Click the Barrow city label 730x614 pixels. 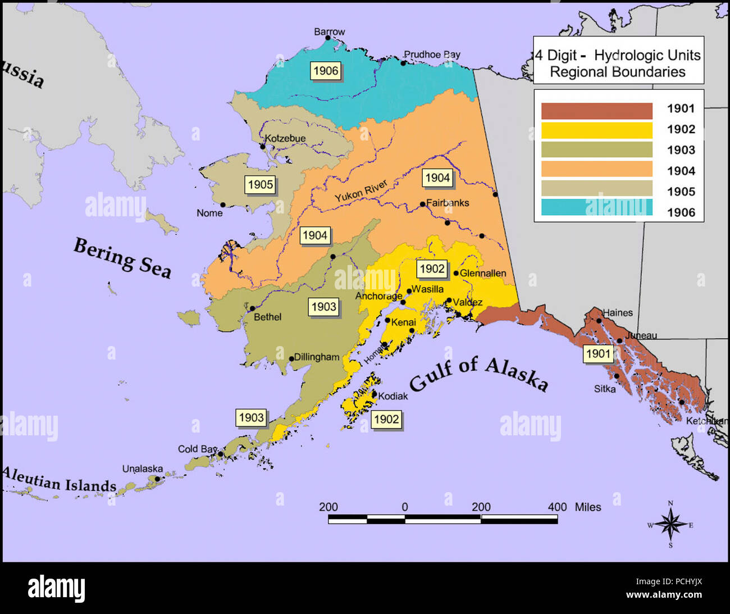click(x=329, y=32)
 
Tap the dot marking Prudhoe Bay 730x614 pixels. click(x=403, y=63)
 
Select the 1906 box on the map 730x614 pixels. click(x=326, y=71)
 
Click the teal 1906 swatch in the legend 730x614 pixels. click(x=596, y=207)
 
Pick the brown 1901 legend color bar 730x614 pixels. click(x=596, y=111)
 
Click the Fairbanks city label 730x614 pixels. click(x=448, y=203)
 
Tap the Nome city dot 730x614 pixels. click(x=223, y=205)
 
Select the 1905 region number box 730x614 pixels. click(x=261, y=184)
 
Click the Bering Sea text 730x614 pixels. click(x=122, y=257)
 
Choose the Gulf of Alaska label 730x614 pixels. click(x=478, y=375)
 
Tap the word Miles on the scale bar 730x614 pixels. click(x=587, y=507)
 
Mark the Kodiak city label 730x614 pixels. click(x=393, y=396)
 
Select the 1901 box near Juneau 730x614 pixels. click(x=597, y=353)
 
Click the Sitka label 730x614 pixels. click(x=605, y=389)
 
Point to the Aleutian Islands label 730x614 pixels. click(x=59, y=480)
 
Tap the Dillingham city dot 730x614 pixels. click(x=291, y=358)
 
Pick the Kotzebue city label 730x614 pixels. click(x=285, y=138)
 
